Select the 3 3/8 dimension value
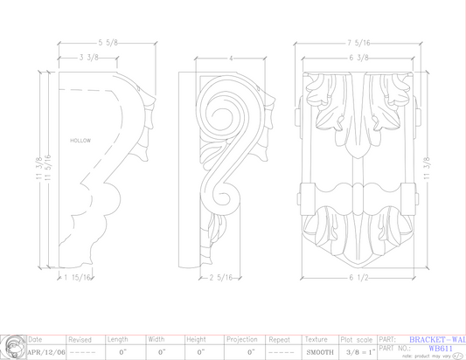tap(88, 59)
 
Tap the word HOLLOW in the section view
tap(81, 140)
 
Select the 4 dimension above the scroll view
tap(231, 59)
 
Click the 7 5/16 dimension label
tap(360, 42)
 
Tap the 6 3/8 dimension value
tap(359, 59)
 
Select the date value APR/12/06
tap(42, 351)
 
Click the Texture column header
tap(316, 339)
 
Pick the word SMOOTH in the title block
tap(318, 351)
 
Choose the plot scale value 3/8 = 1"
tap(358, 351)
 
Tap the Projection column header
tap(240, 339)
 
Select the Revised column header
tap(80, 339)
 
